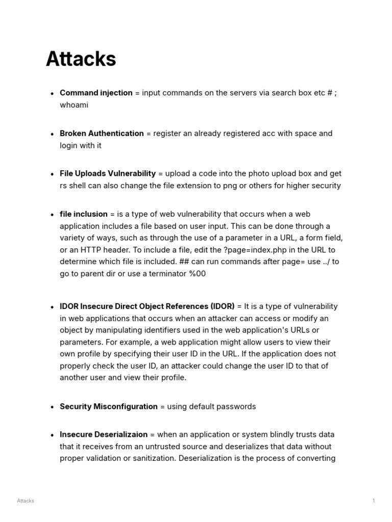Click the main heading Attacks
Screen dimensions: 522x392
pyautogui.click(x=81, y=59)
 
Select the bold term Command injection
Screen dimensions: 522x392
pyautogui.click(x=96, y=93)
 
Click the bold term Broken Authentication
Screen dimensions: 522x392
pyautogui.click(x=102, y=134)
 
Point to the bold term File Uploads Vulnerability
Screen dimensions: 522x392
pyautogui.click(x=108, y=174)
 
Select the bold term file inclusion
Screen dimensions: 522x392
pyautogui.click(x=84, y=214)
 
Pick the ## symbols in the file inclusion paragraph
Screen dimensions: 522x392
pyautogui.click(x=184, y=262)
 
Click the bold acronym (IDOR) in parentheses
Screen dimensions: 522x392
pyautogui.click(x=223, y=306)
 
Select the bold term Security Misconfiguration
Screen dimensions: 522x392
pyautogui.click(x=109, y=406)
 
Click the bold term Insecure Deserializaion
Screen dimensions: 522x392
pyautogui.click(x=104, y=434)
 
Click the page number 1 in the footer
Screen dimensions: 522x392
pyautogui.click(x=374, y=501)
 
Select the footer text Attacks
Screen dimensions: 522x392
pyautogui.click(x=26, y=501)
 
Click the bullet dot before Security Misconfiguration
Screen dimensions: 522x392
pyautogui.click(x=52, y=407)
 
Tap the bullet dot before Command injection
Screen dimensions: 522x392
pyautogui.click(x=52, y=93)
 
